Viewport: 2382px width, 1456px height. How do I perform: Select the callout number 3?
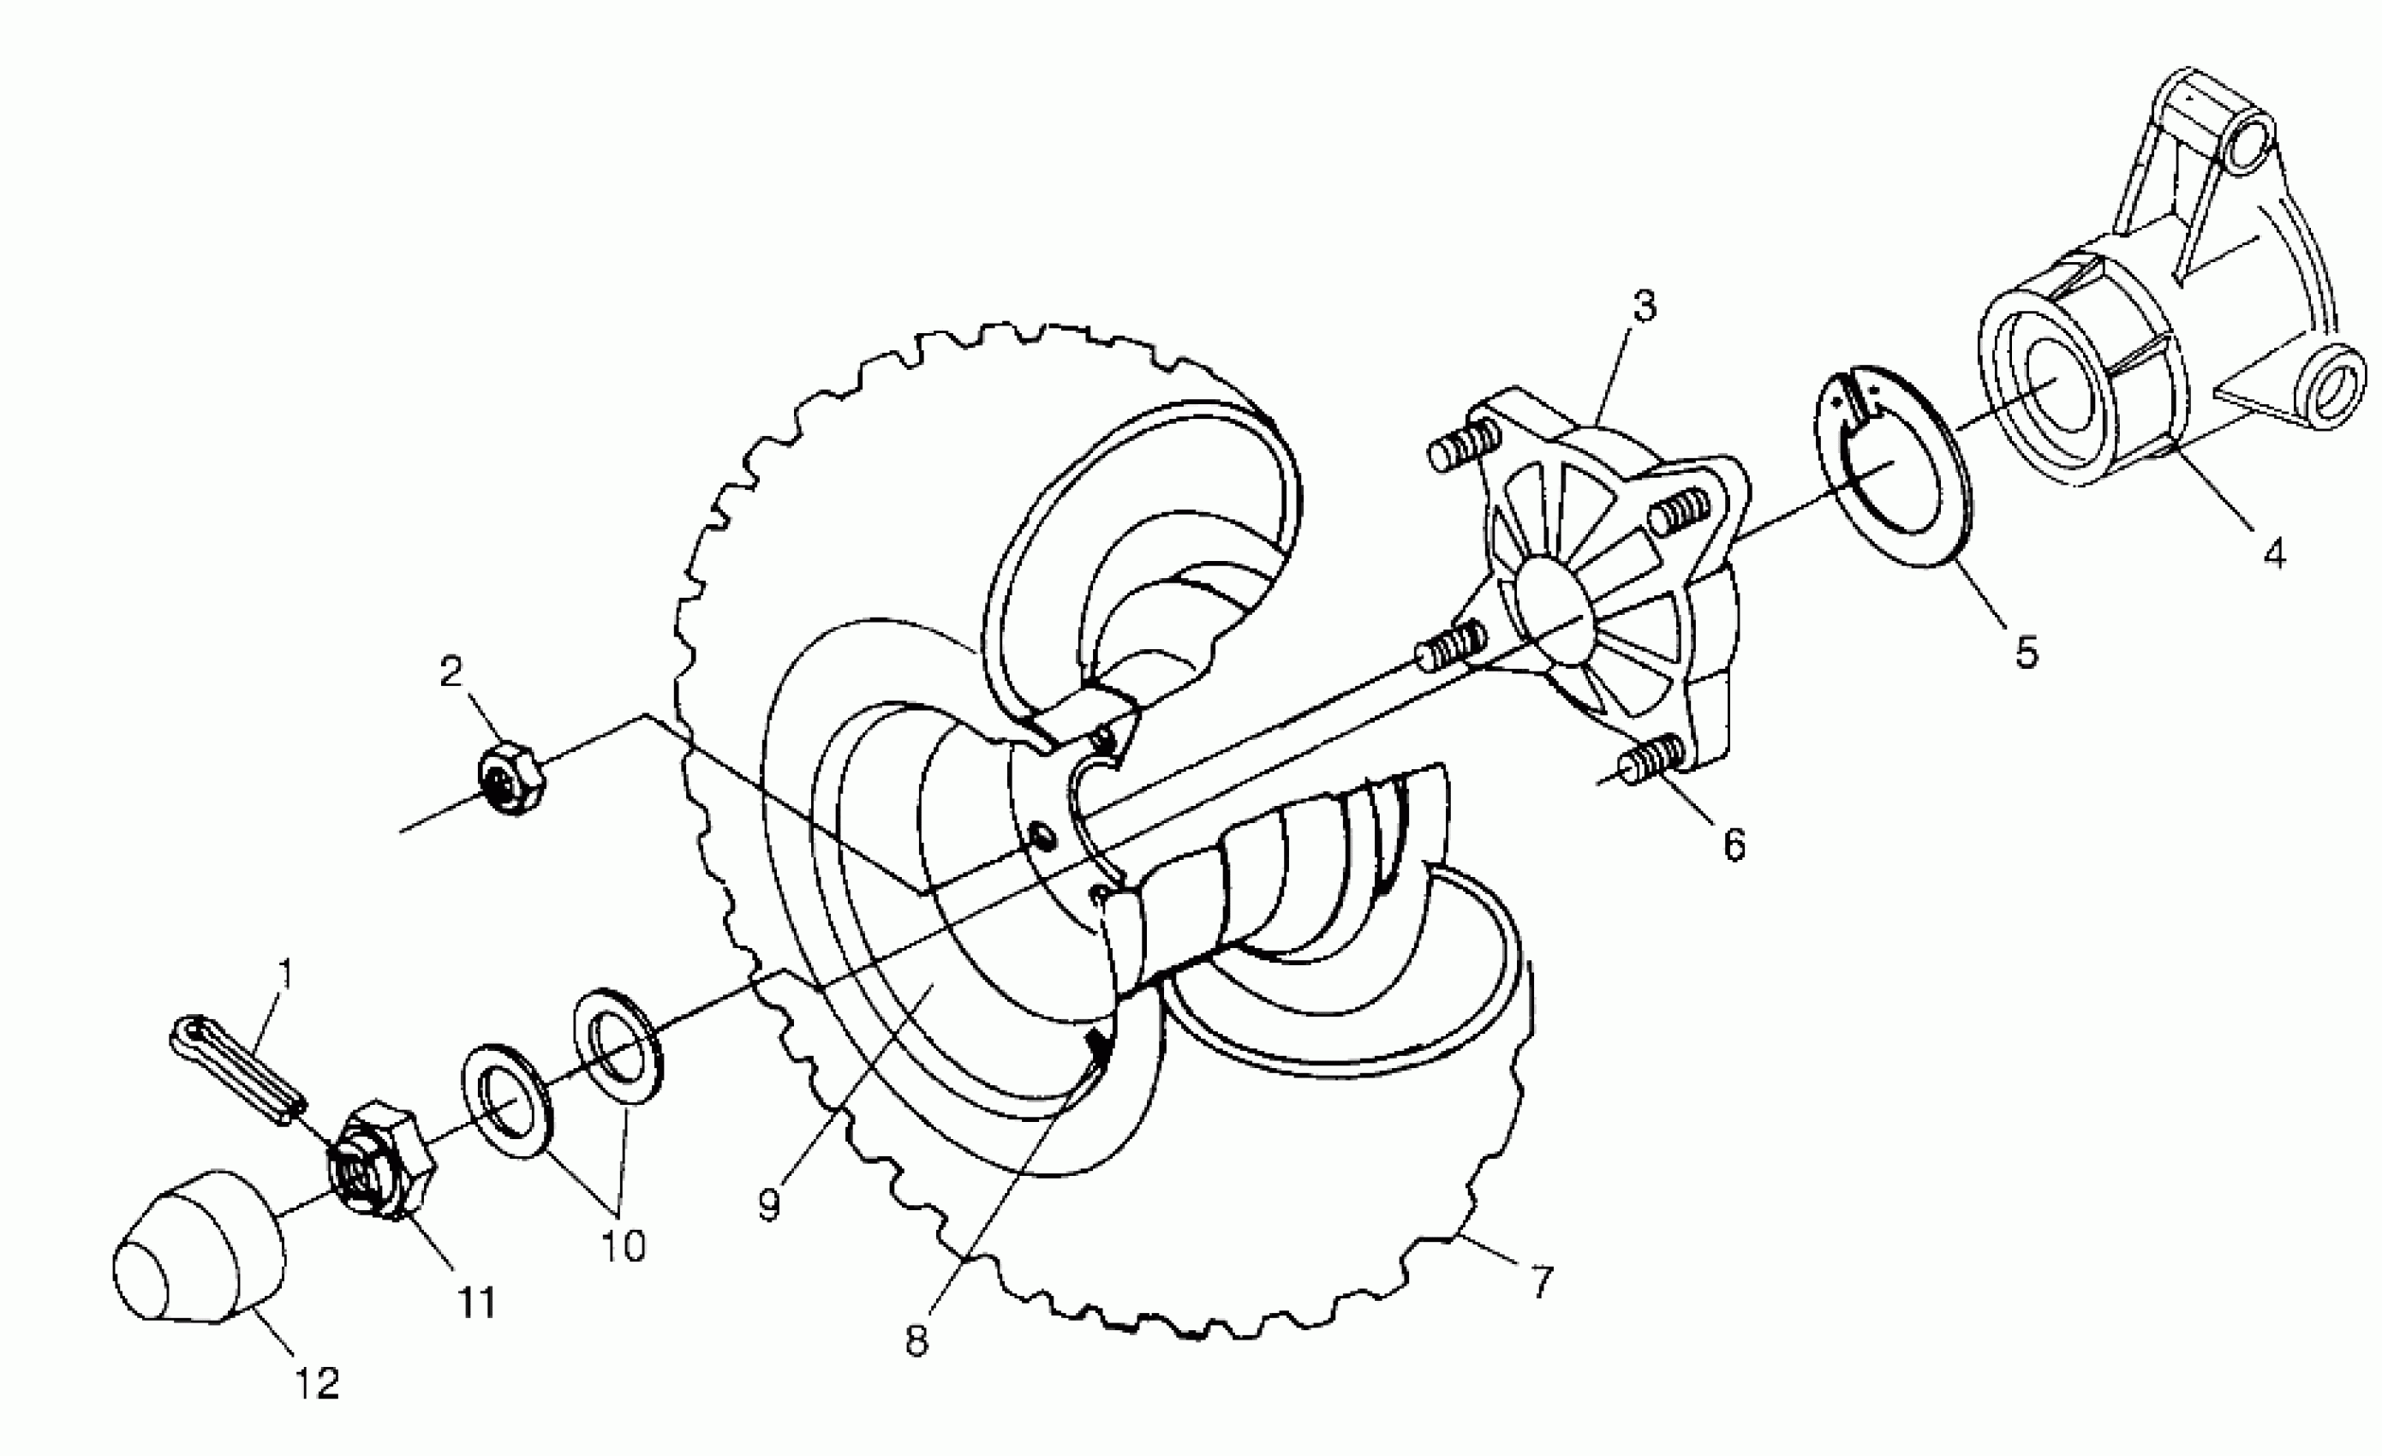(x=1644, y=306)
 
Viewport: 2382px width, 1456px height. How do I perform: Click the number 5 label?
(x=2026, y=653)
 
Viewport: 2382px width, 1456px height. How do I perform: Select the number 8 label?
(x=917, y=1341)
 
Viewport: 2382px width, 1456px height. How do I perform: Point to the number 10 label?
(x=624, y=1246)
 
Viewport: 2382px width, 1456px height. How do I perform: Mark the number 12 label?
(x=318, y=1384)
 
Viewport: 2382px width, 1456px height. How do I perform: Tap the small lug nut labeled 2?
(x=512, y=779)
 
